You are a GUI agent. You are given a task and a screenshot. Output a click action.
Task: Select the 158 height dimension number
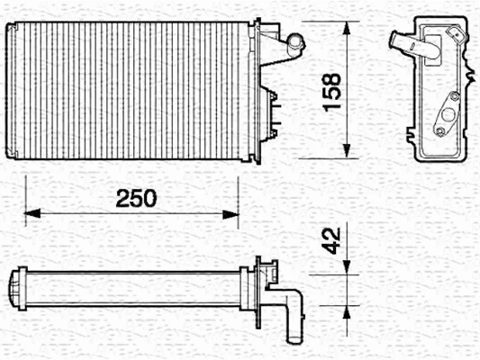pyautogui.click(x=331, y=90)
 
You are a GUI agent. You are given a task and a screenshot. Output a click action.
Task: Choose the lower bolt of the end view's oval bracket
pyautogui.click(x=439, y=132)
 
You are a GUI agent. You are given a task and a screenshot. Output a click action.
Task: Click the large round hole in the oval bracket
pyautogui.click(x=443, y=115)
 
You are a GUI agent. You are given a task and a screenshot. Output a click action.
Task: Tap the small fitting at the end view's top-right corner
pyautogui.click(x=460, y=37)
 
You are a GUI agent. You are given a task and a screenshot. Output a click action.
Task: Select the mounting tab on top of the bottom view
pyautogui.click(x=267, y=265)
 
